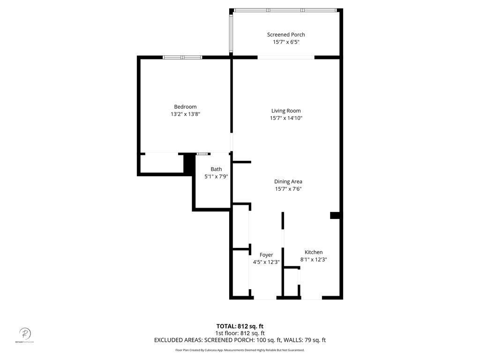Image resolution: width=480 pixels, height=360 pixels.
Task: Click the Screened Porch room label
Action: pos(286,35)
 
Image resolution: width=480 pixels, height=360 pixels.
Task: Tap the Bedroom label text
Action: pos(185,107)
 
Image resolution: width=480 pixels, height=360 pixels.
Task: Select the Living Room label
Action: pos(286,111)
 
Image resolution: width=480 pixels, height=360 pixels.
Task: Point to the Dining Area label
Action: pos(288,181)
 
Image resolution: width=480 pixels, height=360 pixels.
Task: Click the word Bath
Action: pos(216,169)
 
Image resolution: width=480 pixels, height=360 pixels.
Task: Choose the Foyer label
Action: pos(266,255)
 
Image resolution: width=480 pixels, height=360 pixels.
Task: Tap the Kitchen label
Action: pos(314,252)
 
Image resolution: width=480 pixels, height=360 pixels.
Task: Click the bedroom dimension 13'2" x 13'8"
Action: pos(185,114)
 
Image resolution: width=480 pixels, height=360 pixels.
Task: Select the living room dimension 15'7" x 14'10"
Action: pos(286,118)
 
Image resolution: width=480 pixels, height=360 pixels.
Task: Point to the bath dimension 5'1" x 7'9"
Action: pos(216,177)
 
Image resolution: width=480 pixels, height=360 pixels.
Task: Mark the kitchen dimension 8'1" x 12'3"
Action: pos(314,259)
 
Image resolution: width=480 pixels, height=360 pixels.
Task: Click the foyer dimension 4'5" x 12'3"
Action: pos(266,262)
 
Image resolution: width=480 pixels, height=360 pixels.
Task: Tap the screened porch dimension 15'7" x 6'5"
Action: pos(286,42)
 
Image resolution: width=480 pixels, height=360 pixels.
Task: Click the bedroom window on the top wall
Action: pos(182,57)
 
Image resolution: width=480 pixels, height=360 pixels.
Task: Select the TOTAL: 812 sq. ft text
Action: pos(240,326)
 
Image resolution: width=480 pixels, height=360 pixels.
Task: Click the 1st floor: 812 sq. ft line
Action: pos(240,333)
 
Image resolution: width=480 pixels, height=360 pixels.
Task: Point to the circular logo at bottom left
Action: pos(25,333)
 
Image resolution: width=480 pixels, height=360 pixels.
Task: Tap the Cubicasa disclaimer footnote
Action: pos(240,350)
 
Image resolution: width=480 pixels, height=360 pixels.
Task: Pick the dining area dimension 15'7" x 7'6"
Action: pos(288,189)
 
